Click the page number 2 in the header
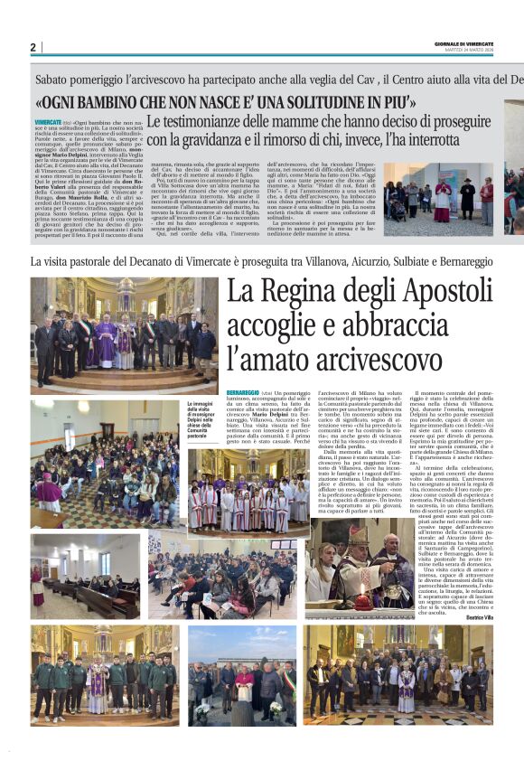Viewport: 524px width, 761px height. pos(32,47)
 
